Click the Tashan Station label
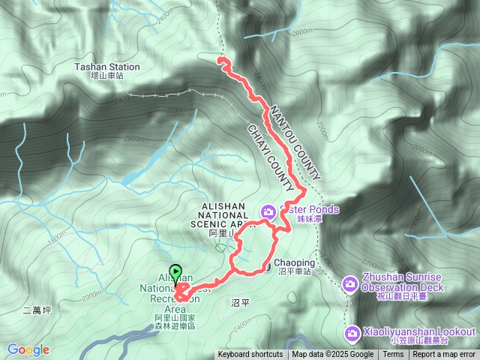tap(106, 67)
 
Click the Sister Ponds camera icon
tap(268, 211)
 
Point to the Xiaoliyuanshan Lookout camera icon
tap(352, 332)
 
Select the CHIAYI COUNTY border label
tap(268, 157)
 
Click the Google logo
tap(28, 349)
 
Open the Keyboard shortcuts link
tap(250, 355)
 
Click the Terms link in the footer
tap(393, 355)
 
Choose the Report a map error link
tap(445, 355)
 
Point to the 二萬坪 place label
tap(36, 310)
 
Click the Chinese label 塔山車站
tap(106, 76)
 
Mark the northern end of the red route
tap(219, 58)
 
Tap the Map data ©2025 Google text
tap(332, 355)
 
